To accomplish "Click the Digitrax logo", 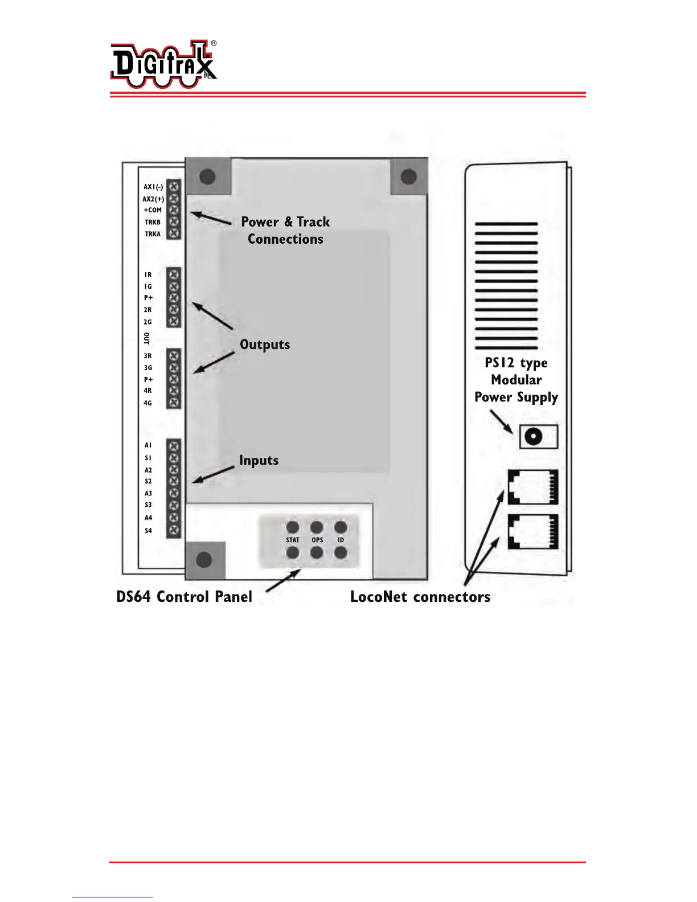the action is point(163,64).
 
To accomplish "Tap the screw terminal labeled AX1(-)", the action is point(174,186).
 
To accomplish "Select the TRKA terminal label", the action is point(153,234).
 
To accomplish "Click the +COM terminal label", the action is point(153,210).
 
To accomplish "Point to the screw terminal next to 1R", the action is point(174,274).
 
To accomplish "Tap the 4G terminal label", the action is point(148,403).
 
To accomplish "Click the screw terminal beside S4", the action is point(174,530).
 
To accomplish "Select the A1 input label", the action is point(148,445).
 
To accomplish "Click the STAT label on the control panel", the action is point(293,540).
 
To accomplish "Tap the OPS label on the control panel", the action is point(317,540).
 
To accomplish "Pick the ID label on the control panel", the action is point(341,540).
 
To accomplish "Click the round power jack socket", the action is point(533,437).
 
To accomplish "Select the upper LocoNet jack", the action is point(533,487).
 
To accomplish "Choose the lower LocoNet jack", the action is point(533,531).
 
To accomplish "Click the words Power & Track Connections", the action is point(285,230).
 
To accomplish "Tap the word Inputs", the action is point(259,460).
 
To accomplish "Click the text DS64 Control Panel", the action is point(184,597).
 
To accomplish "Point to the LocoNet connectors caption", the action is point(420,597).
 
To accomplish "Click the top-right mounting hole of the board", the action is point(409,177).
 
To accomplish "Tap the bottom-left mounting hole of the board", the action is point(204,560).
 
